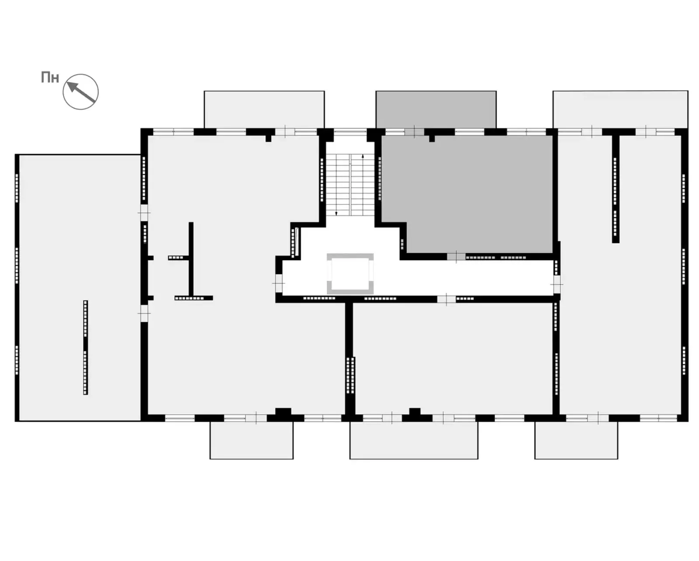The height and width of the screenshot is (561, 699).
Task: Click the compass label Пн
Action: (x=50, y=78)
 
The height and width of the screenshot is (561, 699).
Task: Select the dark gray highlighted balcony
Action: (x=436, y=110)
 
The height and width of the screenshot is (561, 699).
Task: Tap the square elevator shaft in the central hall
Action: (x=350, y=274)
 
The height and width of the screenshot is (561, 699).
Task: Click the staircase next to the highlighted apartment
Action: (x=350, y=185)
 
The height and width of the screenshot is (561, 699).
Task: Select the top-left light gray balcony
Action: (x=264, y=110)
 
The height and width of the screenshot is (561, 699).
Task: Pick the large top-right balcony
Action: (x=620, y=110)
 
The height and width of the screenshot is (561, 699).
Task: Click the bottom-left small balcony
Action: (x=251, y=440)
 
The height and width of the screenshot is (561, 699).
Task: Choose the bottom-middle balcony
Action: (x=414, y=440)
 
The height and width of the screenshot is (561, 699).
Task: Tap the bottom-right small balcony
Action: (x=576, y=440)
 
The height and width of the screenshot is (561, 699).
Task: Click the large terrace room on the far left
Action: (x=80, y=288)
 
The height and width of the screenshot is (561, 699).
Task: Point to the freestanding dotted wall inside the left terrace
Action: (x=86, y=348)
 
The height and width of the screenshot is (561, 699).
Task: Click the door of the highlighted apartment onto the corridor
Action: (x=456, y=257)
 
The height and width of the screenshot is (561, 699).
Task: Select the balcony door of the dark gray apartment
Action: (x=415, y=132)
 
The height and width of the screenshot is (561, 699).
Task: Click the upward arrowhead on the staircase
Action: (x=363, y=156)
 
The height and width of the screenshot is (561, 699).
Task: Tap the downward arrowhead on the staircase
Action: (x=336, y=213)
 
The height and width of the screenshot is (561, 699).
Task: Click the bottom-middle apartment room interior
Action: (x=453, y=359)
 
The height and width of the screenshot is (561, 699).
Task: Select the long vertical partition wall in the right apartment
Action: (x=616, y=189)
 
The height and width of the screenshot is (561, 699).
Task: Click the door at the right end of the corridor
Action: (x=557, y=284)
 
